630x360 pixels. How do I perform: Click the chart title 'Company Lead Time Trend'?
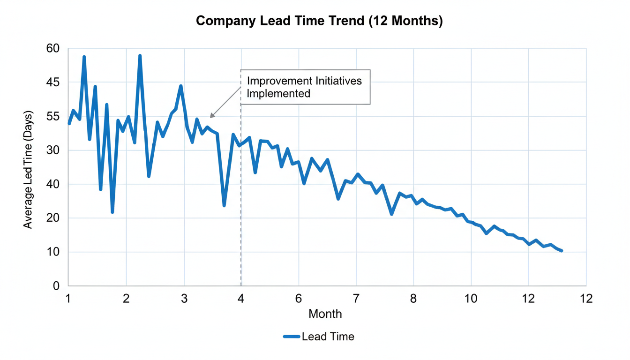coord(319,21)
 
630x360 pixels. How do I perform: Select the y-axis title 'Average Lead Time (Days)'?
coord(28,170)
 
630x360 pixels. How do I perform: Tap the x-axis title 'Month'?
coord(325,314)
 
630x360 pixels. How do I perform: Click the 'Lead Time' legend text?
coord(328,336)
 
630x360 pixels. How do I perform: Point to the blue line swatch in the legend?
coord(291,336)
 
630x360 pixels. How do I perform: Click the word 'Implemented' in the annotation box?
coord(278,93)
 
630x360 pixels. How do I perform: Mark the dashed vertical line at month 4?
coord(241,211)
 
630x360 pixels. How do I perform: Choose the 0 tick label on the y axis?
coord(56,286)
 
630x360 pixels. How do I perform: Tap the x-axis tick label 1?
coord(68,299)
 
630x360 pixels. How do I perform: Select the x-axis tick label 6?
coord(299,299)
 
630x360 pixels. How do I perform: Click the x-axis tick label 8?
coord(413,299)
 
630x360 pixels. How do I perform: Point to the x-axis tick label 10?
coord(471,299)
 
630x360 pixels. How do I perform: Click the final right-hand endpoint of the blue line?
coord(561,251)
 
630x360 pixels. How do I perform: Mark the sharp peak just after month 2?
coord(140,56)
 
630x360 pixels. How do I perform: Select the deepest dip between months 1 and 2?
coord(112,212)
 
